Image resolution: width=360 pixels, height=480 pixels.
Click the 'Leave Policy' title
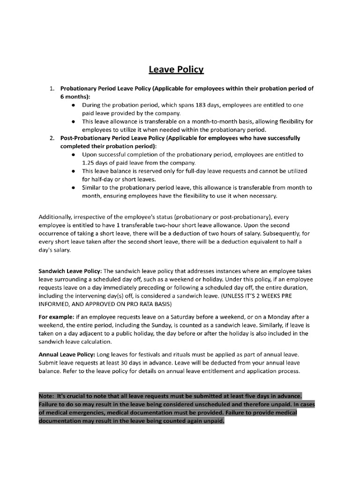(176, 70)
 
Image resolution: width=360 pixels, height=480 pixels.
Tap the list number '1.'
(52, 88)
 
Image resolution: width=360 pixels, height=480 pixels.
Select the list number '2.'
(52, 138)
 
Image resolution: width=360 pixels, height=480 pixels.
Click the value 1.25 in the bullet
(89, 162)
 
